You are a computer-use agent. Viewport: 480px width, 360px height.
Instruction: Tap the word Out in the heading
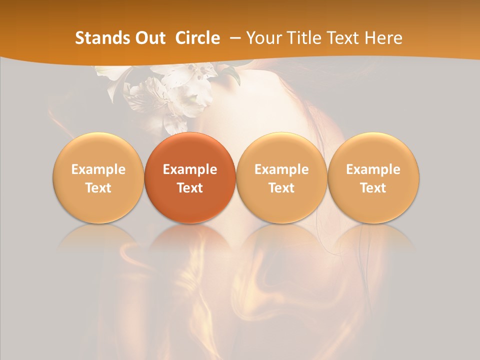click(x=149, y=38)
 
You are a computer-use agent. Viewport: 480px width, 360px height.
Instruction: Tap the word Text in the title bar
click(x=345, y=38)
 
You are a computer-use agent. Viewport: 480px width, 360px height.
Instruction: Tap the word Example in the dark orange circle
click(x=190, y=169)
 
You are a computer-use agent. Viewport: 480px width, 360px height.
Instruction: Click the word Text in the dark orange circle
click(x=190, y=188)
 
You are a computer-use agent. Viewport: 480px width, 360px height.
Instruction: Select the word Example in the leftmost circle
click(x=98, y=169)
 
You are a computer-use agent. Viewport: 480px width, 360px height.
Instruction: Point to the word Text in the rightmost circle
click(x=373, y=188)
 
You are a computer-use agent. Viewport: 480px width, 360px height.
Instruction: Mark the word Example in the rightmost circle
click(x=373, y=169)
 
